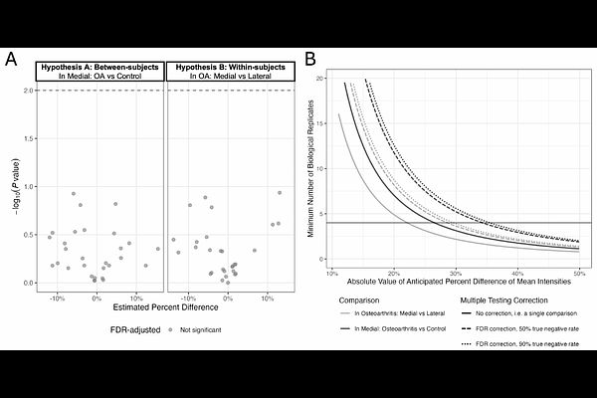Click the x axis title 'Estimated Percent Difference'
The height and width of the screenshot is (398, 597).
pyautogui.click(x=162, y=309)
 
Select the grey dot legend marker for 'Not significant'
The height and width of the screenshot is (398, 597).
pyautogui.click(x=170, y=327)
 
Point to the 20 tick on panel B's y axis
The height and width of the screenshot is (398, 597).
pyautogui.click(x=320, y=78)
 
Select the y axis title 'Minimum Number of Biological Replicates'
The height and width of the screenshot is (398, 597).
pyautogui.click(x=311, y=169)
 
